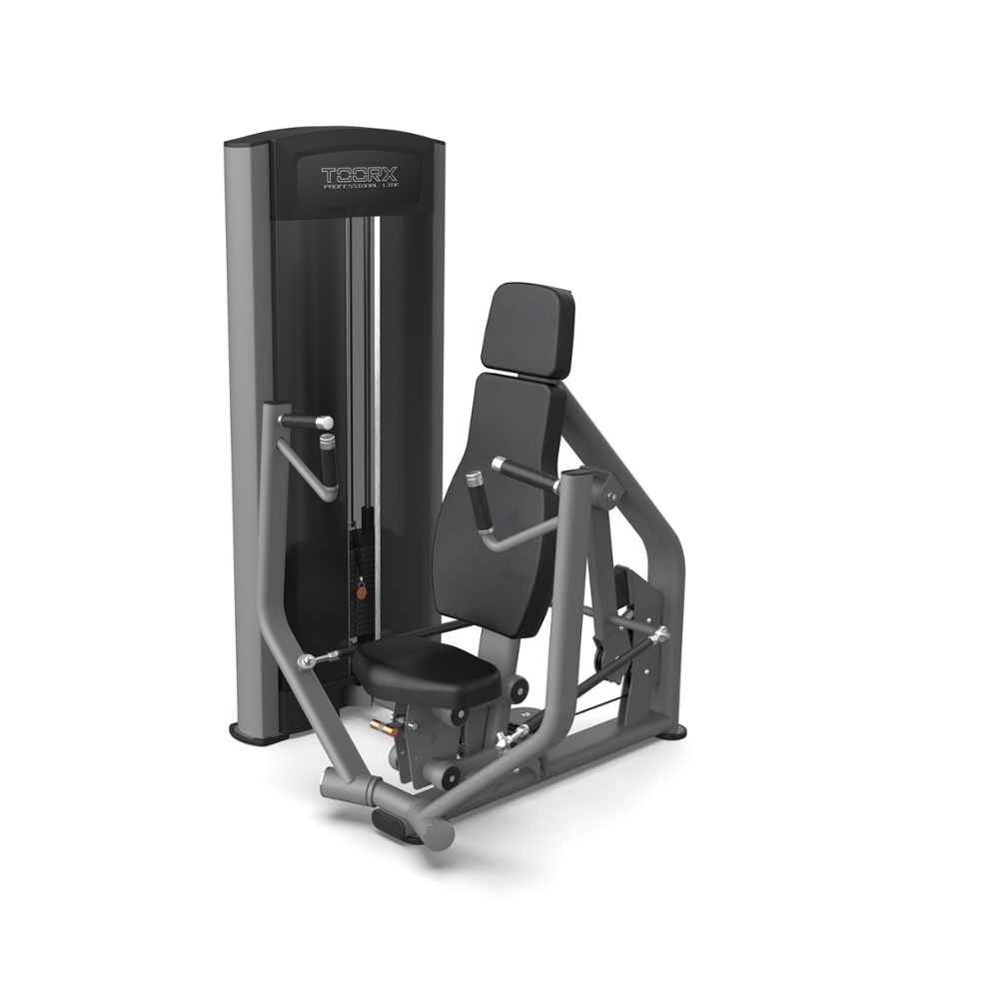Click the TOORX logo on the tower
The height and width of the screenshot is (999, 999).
point(360,175)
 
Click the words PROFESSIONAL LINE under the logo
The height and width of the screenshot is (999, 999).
point(362,187)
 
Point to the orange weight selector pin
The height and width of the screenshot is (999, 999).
point(361,591)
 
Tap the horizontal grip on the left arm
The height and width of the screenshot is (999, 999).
point(305,422)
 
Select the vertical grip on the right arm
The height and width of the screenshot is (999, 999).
point(480,502)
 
